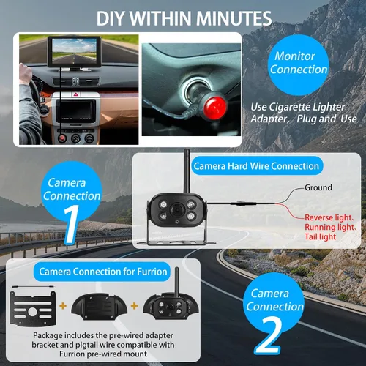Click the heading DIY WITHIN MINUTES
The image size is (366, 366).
pos(184,18)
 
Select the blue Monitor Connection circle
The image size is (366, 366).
pos(298,65)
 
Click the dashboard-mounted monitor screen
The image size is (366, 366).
pos(75,52)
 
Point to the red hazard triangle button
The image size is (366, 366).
pos(75,94)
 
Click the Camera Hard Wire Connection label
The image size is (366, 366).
pos(256,166)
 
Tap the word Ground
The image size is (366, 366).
pos(318,187)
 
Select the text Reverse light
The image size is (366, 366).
pos(329,217)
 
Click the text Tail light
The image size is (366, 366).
pos(320,236)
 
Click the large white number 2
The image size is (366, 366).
pos(269,335)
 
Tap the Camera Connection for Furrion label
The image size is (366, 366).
pos(102,272)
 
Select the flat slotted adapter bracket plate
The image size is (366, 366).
pos(33,308)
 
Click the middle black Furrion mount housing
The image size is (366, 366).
pos(99,307)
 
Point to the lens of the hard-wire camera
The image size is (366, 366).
pos(177,210)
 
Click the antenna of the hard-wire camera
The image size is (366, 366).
pos(187,171)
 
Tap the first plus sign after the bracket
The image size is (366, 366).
pos(63,306)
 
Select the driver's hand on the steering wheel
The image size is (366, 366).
pos(26,74)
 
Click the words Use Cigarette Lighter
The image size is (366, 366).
pos(298,107)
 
